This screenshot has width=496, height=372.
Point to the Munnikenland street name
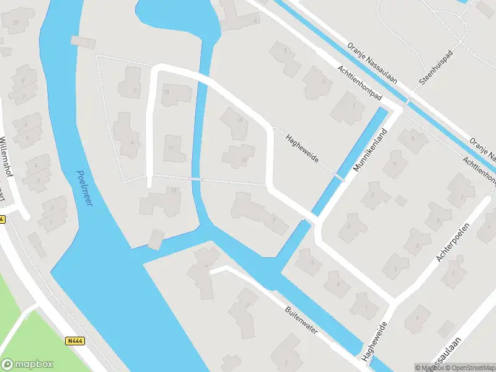click(x=371, y=151)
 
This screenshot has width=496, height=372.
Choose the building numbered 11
click(x=239, y=156)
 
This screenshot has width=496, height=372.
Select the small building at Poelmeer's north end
click(x=84, y=42)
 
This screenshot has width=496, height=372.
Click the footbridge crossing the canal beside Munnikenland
click(x=339, y=177)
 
